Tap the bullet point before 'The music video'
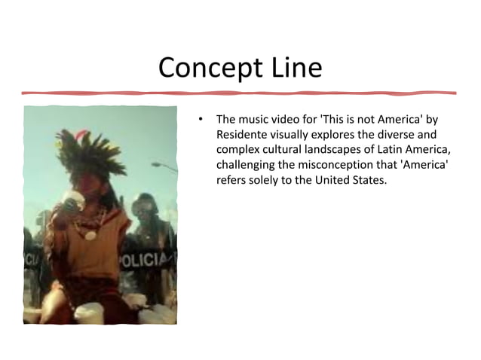pyautogui.click(x=201, y=121)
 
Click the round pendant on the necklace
pyautogui.click(x=90, y=235)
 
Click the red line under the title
pyautogui.click(x=240, y=93)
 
